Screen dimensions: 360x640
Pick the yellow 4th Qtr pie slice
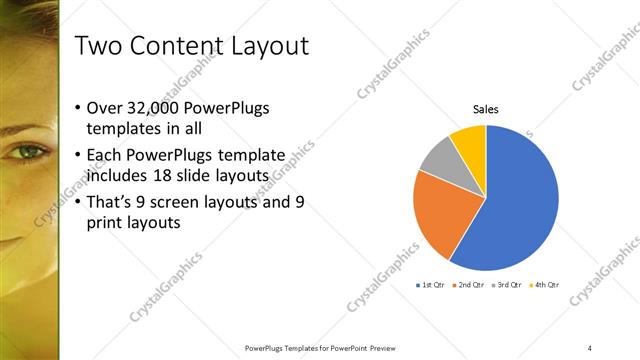[x=469, y=141]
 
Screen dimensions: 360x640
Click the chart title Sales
[x=485, y=109]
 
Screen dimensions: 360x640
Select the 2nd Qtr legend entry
[x=470, y=285]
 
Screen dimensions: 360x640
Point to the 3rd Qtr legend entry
[x=507, y=285]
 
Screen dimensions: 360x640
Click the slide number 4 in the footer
[x=590, y=347]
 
